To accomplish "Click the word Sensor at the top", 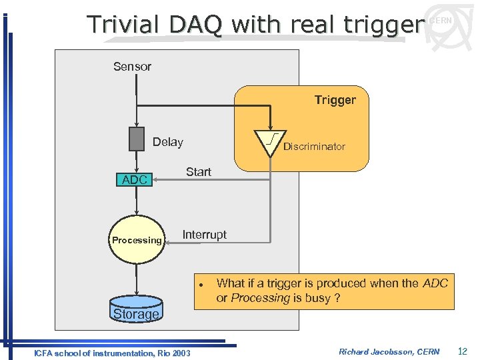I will (x=132, y=67).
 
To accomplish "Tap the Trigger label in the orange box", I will (x=335, y=100).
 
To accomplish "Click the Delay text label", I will (x=167, y=142).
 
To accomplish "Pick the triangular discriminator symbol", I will (x=270, y=141).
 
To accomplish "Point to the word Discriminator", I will (x=314, y=147).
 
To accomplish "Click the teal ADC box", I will (x=135, y=180).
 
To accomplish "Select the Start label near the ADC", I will (x=198, y=172).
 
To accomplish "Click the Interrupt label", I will (x=204, y=235).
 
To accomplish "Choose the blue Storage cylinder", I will (x=136, y=312).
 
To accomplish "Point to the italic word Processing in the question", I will (x=260, y=298).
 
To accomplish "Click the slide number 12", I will (x=463, y=351).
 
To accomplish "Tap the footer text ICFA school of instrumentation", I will (x=111, y=353).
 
